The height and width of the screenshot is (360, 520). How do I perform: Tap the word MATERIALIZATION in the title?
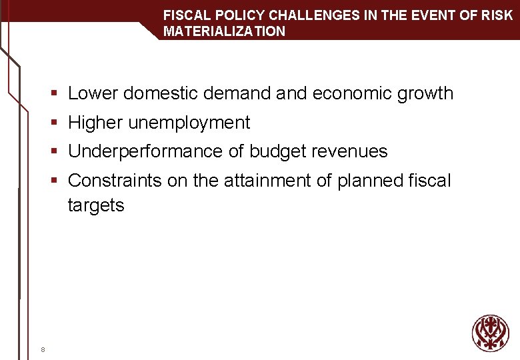tap(224, 31)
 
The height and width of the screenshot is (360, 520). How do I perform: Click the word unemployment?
tap(189, 123)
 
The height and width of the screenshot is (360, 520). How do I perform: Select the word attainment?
tap(265, 181)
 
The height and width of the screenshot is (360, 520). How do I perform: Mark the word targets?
tap(95, 205)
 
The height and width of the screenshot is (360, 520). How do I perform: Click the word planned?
tap(371, 181)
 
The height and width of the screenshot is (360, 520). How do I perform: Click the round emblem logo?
tap(490, 333)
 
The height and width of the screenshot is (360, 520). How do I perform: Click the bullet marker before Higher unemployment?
tap(58, 123)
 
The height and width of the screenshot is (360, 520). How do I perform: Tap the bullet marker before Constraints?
tap(58, 181)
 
